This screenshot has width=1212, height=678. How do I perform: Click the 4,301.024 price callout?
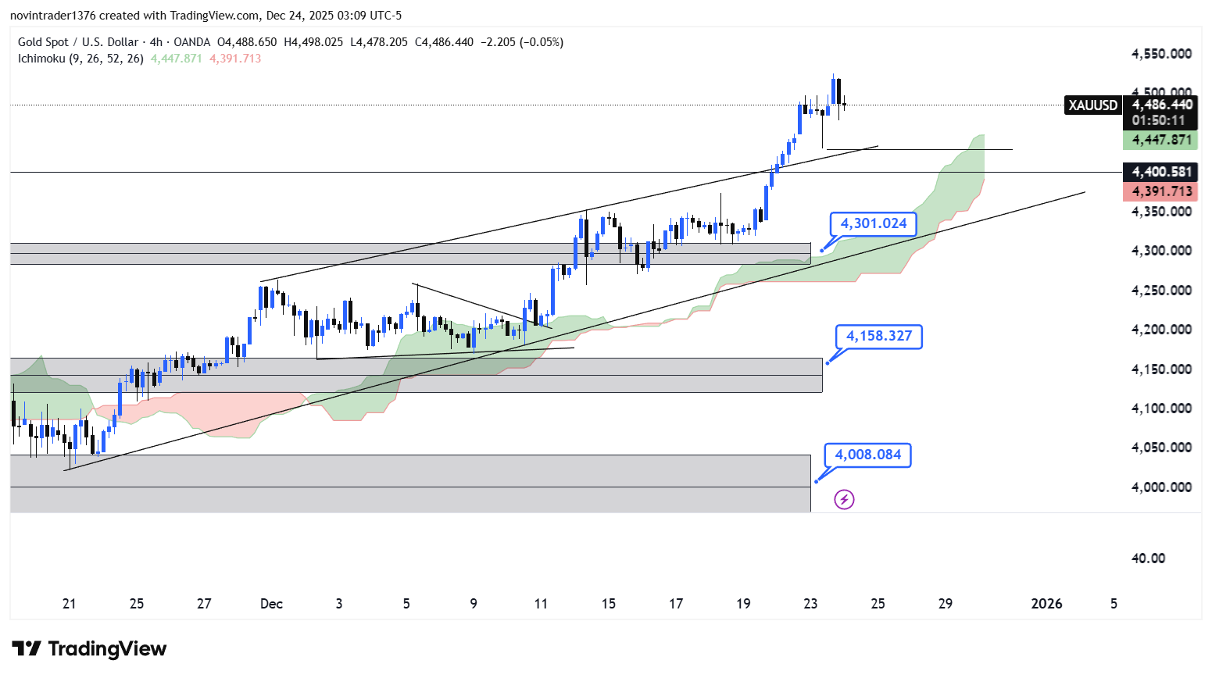(x=873, y=223)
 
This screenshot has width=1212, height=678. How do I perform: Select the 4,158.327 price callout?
(x=878, y=336)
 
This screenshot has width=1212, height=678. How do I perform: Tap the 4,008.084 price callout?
(x=867, y=455)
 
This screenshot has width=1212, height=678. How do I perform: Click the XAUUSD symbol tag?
(x=1092, y=105)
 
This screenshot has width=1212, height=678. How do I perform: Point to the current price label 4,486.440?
(x=1161, y=105)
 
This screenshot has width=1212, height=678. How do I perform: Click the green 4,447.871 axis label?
(x=1161, y=140)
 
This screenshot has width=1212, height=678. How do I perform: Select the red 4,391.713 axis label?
(x=1161, y=191)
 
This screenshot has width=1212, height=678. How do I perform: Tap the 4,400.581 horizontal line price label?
(x=1161, y=172)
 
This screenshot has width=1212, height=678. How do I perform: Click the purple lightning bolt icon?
(x=844, y=499)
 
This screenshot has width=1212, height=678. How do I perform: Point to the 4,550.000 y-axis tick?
(x=1161, y=54)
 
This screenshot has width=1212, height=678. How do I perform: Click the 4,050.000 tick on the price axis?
(x=1161, y=448)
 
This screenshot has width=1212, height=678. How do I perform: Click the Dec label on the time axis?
(x=271, y=604)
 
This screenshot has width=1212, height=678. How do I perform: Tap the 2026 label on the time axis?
(x=1046, y=604)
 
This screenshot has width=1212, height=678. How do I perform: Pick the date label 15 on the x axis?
(x=608, y=604)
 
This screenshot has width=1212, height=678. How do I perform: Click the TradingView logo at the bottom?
(x=89, y=649)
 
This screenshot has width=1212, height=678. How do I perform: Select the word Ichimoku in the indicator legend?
(x=41, y=59)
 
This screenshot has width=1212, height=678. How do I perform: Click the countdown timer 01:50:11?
(x=1158, y=120)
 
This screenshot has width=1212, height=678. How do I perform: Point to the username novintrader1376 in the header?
(x=52, y=16)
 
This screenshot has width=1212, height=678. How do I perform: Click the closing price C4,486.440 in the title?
(x=444, y=42)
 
